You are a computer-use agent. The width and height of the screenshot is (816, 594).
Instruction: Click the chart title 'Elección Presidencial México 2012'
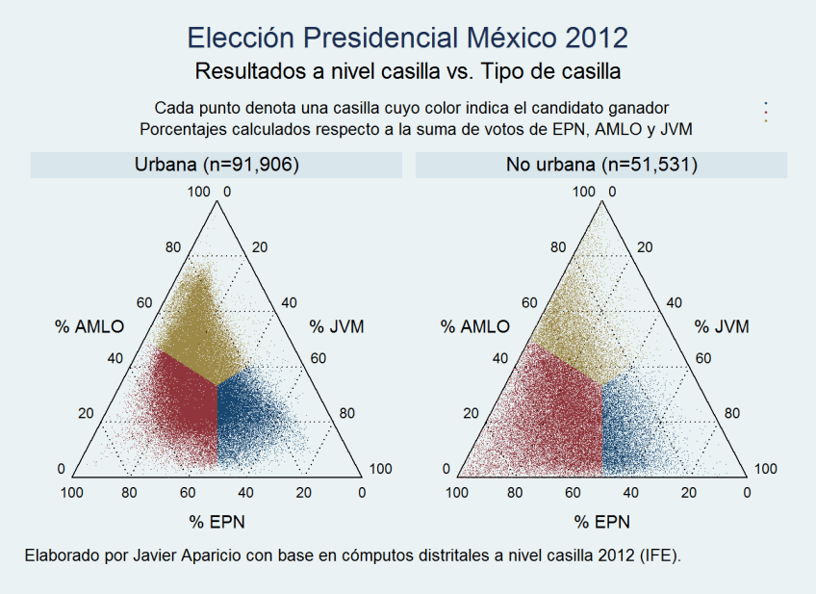tap(407, 39)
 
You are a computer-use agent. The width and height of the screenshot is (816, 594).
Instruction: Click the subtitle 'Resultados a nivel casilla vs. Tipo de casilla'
tap(407, 71)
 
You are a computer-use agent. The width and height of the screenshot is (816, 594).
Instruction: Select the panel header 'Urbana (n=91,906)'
tap(216, 166)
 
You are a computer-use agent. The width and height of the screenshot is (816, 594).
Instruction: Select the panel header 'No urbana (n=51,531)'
tap(601, 166)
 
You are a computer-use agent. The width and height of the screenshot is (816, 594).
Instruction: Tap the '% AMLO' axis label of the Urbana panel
tap(89, 326)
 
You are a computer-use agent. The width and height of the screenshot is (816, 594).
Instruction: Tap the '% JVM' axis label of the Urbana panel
tap(337, 326)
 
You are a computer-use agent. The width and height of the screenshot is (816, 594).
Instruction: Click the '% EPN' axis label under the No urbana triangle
tap(603, 523)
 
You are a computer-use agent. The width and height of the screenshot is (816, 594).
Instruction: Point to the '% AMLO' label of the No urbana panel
tap(475, 326)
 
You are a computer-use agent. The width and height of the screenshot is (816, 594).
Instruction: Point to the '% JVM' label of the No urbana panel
tap(722, 326)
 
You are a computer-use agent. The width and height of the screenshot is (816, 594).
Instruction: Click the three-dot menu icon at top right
tap(766, 112)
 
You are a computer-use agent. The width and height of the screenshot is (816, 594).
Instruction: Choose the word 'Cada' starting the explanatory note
tap(172, 107)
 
